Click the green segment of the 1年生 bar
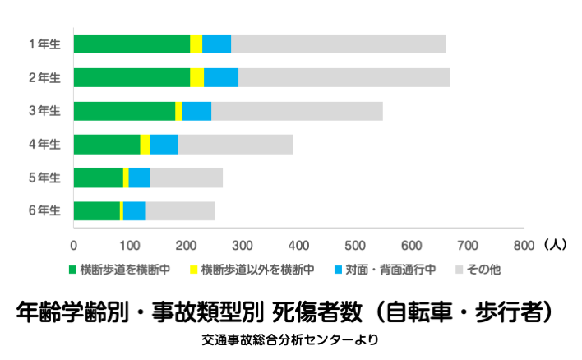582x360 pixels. pyautogui.click(x=132, y=44)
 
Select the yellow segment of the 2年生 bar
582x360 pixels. pyautogui.click(x=196, y=77)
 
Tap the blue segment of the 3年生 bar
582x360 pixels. pyautogui.click(x=196, y=111)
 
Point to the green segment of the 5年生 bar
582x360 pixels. pyautogui.click(x=98, y=178)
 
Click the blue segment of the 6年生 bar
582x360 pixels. pyautogui.click(x=134, y=210)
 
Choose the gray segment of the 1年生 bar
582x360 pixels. pyautogui.click(x=338, y=44)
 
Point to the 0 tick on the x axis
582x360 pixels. pyautogui.click(x=74, y=245)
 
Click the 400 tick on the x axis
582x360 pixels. pyautogui.click(x=299, y=245)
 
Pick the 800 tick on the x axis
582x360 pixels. pyautogui.click(x=524, y=245)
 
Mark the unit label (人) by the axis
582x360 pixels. pyautogui.click(x=555, y=244)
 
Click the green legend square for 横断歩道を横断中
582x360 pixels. pyautogui.click(x=72, y=269)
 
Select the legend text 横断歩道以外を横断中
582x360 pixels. pyautogui.click(x=257, y=269)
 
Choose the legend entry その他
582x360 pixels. pyautogui.click(x=483, y=269)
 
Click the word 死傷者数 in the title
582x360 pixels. pyautogui.click(x=316, y=312)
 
